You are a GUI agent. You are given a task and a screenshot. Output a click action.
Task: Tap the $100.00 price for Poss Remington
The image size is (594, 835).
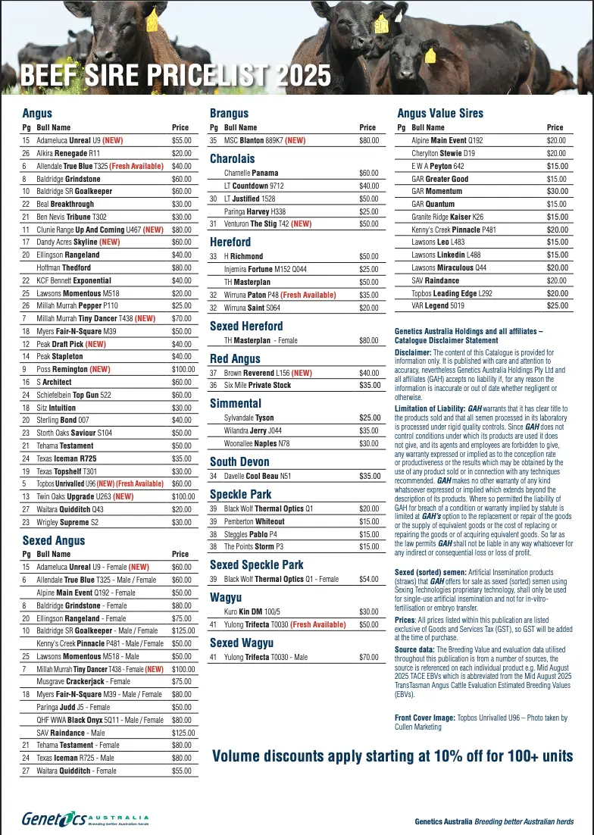[183, 369]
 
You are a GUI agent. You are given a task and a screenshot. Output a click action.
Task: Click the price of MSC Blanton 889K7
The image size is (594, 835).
[369, 140]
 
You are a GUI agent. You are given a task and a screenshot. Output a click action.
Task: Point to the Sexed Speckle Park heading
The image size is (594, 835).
[256, 564]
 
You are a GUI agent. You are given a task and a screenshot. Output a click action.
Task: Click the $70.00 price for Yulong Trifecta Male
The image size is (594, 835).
[369, 657]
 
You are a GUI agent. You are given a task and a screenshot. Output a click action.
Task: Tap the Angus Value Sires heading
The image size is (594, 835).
[440, 114]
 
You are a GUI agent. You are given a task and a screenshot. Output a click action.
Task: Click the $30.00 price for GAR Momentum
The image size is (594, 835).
[557, 192]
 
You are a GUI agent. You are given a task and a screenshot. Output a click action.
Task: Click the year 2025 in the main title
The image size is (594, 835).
[303, 76]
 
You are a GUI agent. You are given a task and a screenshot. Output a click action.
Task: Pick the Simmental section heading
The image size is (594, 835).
[236, 403]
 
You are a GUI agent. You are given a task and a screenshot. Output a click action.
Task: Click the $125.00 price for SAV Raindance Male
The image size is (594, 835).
[183, 733]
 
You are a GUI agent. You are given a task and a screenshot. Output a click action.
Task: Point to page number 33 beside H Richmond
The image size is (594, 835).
[214, 257]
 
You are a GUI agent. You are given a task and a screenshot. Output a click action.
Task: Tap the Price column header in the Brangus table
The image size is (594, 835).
[367, 127]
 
